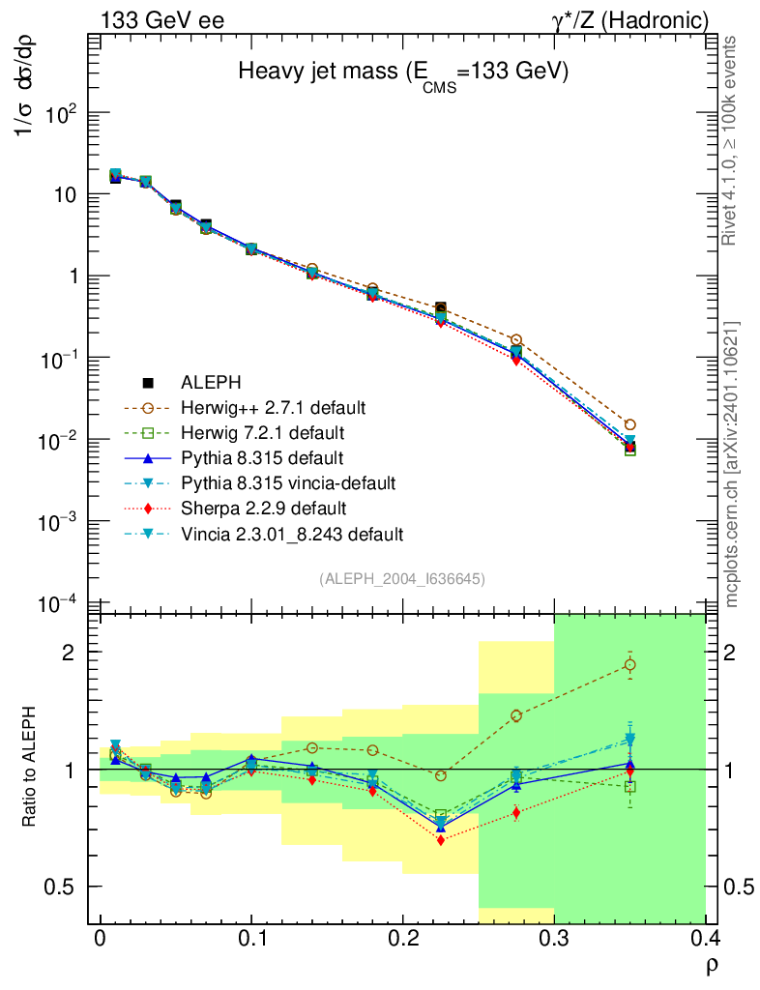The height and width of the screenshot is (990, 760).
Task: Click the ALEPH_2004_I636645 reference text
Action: (x=402, y=578)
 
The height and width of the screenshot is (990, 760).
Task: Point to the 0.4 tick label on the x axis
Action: (x=705, y=939)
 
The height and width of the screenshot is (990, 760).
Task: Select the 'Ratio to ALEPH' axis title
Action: (x=31, y=769)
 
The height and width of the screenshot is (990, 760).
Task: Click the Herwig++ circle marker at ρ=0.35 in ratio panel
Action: (x=629, y=665)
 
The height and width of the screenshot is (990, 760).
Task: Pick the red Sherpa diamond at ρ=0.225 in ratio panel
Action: (x=441, y=841)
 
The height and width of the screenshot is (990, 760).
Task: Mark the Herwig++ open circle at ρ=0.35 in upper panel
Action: (x=629, y=424)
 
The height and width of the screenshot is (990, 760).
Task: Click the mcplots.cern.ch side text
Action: (x=733, y=464)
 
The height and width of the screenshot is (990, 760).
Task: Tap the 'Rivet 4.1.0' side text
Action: (x=733, y=140)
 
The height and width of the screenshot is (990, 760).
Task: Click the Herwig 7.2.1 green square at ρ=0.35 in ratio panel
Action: (x=629, y=787)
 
